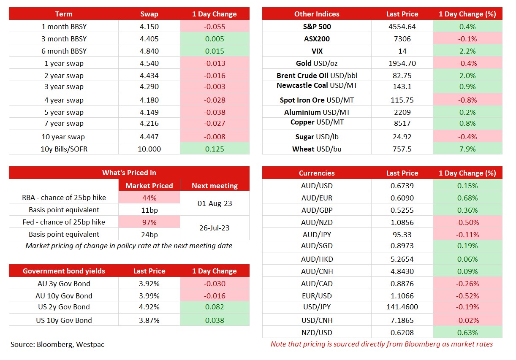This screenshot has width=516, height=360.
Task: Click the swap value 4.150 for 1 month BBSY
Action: click(x=149, y=27)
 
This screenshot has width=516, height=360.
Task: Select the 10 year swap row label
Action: click(x=63, y=137)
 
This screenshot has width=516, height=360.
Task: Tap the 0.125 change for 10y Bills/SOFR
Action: click(x=215, y=149)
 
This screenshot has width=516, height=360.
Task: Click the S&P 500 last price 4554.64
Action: click(x=402, y=27)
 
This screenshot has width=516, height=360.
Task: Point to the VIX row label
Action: click(x=317, y=51)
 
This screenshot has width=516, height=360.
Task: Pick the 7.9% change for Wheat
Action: click(x=467, y=149)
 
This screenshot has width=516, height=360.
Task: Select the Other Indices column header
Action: click(x=317, y=14)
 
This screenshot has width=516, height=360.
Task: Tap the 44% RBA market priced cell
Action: click(x=149, y=198)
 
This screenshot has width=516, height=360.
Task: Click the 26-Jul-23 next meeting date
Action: click(x=215, y=228)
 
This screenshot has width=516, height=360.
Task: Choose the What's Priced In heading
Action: click(x=129, y=173)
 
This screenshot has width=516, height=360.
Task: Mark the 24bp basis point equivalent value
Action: click(x=149, y=235)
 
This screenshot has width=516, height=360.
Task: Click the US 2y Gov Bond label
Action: click(x=64, y=307)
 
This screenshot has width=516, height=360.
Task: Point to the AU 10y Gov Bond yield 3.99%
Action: click(x=149, y=296)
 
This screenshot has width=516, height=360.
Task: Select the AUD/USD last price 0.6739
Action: click(x=402, y=186)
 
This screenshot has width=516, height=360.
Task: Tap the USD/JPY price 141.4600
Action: click(x=402, y=307)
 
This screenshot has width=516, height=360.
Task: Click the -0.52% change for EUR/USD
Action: click(x=467, y=296)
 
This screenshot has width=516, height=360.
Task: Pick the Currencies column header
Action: click(x=317, y=173)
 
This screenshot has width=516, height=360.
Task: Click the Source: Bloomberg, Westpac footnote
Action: click(x=57, y=344)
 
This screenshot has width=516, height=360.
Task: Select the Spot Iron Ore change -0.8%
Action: click(x=467, y=100)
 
